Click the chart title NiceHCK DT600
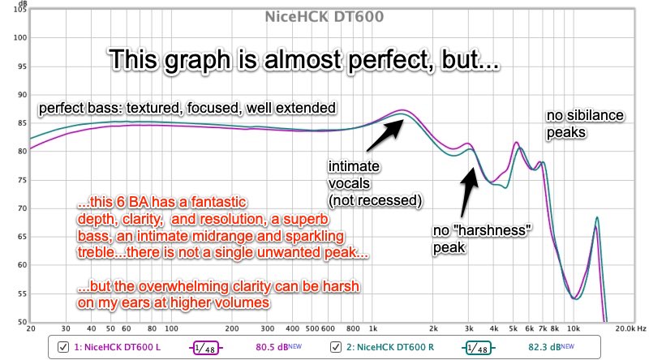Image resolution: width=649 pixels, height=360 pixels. (324, 16)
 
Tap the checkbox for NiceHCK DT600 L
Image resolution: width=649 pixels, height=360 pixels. (63, 347)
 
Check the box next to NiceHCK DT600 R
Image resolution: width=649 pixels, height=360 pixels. (336, 347)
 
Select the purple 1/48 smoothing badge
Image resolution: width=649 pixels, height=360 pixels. (206, 348)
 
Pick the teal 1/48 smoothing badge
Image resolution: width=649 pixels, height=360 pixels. (478, 348)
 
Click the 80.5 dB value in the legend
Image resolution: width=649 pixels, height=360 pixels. (278, 347)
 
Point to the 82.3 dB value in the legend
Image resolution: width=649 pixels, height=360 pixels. (552, 347)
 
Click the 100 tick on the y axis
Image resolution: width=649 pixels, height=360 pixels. (19, 37)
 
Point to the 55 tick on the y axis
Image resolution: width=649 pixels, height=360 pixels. (23, 294)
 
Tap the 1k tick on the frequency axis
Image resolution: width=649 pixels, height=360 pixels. (373, 328)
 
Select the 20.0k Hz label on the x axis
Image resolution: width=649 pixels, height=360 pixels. (630, 328)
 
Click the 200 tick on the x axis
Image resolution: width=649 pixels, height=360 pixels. (232, 328)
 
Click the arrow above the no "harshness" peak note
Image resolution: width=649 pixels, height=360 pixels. (470, 191)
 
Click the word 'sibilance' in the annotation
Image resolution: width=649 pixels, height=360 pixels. (595, 115)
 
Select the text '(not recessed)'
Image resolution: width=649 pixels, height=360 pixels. (376, 201)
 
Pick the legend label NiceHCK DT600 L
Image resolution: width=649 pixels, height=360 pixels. (117, 347)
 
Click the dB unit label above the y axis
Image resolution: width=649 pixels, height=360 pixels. (23, 3)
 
